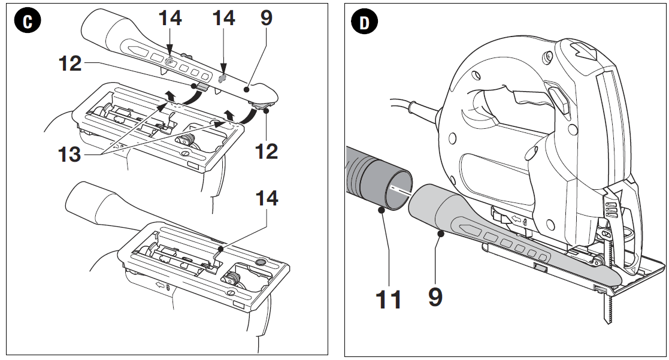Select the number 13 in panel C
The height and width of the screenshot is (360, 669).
69,154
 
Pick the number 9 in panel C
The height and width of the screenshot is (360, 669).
266,18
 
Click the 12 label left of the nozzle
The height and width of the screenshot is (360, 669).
70,63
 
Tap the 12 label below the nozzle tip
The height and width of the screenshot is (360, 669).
266,151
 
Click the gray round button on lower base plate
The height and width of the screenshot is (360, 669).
261,262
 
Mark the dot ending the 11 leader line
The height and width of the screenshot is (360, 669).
382,209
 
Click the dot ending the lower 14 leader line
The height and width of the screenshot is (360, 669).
221,246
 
